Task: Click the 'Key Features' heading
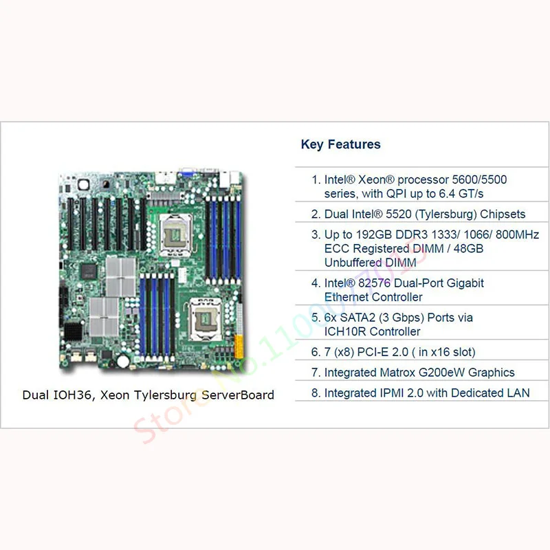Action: (340, 144)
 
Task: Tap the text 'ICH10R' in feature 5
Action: (344, 331)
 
